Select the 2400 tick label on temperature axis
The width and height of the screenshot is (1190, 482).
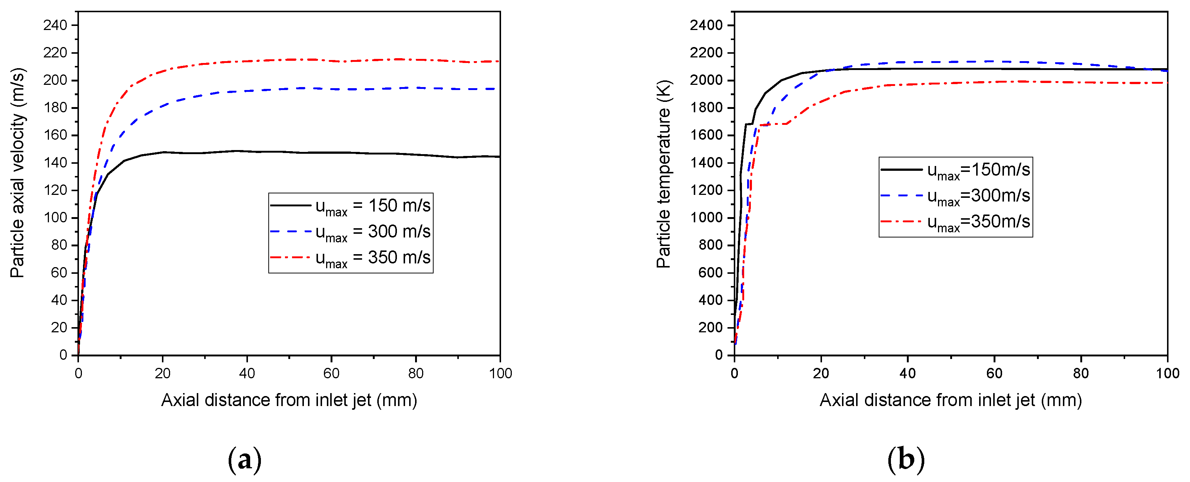tap(706, 26)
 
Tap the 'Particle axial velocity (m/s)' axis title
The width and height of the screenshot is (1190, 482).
tap(17, 173)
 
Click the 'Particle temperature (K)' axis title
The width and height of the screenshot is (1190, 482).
tap(663, 174)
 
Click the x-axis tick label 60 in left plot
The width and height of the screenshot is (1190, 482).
tap(331, 373)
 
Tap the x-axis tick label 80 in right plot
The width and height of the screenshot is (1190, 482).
tap(1081, 373)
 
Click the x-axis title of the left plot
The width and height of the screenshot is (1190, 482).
tap(289, 400)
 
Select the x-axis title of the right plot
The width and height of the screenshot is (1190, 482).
tap(950, 400)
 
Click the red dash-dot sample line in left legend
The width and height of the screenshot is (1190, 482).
tap(290, 257)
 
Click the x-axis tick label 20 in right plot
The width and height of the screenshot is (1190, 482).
tap(821, 373)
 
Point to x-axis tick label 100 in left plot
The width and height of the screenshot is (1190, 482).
tap(500, 373)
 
